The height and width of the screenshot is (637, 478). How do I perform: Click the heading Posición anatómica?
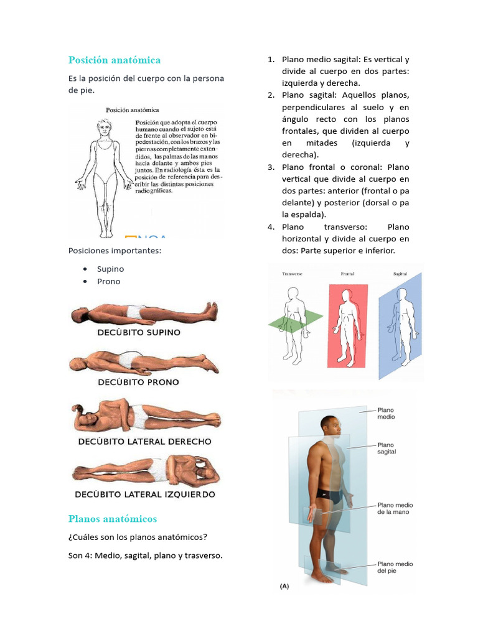click(x=115, y=60)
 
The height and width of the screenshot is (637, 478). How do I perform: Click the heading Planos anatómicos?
click(x=113, y=519)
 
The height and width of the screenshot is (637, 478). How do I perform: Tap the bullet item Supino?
click(x=110, y=269)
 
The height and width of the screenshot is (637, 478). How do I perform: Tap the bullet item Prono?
click(x=108, y=281)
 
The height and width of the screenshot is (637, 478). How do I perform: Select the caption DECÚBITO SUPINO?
click(x=139, y=332)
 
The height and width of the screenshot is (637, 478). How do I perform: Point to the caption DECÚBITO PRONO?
click(x=138, y=382)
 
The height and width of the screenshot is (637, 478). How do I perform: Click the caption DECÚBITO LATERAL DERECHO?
click(x=144, y=442)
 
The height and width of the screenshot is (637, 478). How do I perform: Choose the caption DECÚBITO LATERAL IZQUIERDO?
click(x=144, y=495)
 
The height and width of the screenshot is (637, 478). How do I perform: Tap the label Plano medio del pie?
click(x=395, y=567)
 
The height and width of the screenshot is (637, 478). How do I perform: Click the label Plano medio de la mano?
click(x=395, y=508)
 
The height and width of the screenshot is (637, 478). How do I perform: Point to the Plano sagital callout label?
click(x=386, y=448)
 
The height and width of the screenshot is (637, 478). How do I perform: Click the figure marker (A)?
click(x=284, y=585)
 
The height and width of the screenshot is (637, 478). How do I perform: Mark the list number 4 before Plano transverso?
click(x=271, y=227)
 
